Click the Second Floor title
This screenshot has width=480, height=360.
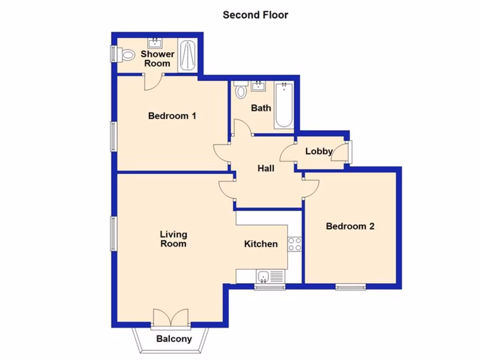255,15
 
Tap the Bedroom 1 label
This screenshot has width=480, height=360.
172,115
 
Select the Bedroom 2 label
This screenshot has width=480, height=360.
350,226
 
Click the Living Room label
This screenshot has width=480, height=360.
173,239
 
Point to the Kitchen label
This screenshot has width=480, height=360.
261,244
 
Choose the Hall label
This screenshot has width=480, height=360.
266,168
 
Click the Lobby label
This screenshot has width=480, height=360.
319,151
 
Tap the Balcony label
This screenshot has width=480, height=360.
174,339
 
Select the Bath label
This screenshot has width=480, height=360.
261,108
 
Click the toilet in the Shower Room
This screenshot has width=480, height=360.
127,55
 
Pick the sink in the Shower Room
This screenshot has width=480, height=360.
155,44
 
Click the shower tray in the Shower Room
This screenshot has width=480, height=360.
188,56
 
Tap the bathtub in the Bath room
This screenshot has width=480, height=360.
284,105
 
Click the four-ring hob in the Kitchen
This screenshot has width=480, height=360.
294,244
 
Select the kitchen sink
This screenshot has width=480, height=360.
264,277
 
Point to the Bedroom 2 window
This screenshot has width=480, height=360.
351,287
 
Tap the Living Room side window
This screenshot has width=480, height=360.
113,233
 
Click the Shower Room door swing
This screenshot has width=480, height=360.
152,83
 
